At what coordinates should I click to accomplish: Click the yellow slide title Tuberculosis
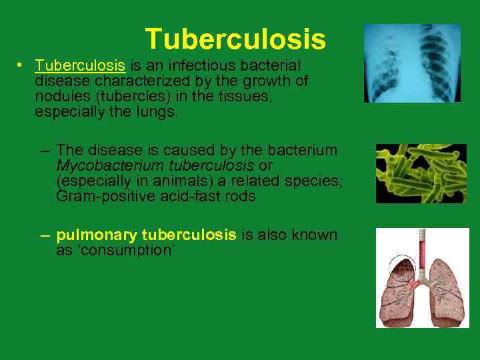[235, 39]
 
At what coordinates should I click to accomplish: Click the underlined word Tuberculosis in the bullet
[80, 65]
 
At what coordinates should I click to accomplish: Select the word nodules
[60, 97]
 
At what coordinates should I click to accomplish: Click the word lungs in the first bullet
[157, 113]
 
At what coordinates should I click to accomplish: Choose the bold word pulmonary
[96, 235]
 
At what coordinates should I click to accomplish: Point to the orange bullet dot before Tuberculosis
[21, 65]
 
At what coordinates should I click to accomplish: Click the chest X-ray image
[411, 63]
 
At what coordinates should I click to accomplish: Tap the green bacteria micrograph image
[421, 173]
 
